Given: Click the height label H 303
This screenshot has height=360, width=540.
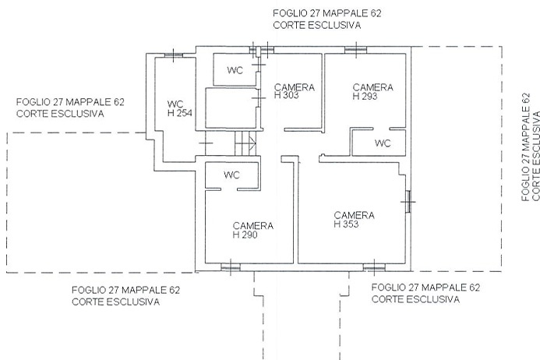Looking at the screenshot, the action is [x=286, y=95].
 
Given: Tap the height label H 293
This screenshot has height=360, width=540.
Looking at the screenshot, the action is [x=365, y=96].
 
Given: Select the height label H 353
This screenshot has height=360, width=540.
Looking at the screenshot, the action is [x=346, y=224].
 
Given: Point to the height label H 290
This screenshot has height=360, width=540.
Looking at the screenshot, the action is [x=245, y=235].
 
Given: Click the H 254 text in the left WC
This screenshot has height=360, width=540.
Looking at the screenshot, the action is [x=179, y=113].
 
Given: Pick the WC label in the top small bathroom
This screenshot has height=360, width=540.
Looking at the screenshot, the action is [x=235, y=70].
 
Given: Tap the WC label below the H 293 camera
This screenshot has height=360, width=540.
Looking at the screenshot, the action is [x=383, y=143].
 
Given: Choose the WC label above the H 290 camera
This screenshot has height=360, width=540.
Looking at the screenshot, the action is [x=231, y=175].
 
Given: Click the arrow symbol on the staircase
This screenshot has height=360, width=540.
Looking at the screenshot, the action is [x=252, y=143].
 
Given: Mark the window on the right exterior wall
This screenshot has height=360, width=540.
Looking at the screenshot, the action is [x=408, y=202].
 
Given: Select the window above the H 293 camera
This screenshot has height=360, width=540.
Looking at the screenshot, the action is [x=356, y=50].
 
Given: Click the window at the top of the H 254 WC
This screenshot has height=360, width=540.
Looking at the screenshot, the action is [x=173, y=55].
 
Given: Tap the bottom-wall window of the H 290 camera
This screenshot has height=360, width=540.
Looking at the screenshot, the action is [x=231, y=267].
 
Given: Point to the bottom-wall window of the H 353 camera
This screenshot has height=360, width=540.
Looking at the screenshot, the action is [x=374, y=267].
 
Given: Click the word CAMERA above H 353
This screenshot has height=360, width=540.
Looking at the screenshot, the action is [x=354, y=215].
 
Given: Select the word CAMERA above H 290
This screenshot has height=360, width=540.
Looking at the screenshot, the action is [x=253, y=226].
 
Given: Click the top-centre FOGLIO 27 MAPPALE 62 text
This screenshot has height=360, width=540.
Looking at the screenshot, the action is [x=327, y=13].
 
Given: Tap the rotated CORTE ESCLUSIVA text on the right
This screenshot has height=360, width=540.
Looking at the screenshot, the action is [x=536, y=156].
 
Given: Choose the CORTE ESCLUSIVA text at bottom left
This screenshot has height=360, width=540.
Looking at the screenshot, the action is [x=115, y=302].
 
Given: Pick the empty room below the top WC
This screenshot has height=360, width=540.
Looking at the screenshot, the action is [x=231, y=108].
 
